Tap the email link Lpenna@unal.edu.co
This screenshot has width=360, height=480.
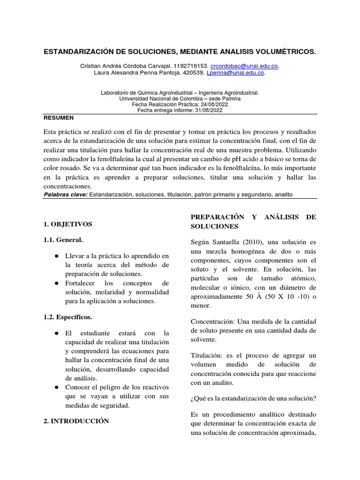(x=238, y=73)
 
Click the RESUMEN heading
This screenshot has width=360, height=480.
(x=58, y=118)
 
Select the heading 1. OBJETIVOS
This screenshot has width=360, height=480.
(x=67, y=224)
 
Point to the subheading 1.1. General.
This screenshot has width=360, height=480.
(x=63, y=240)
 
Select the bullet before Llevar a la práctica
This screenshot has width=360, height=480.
(x=56, y=256)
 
